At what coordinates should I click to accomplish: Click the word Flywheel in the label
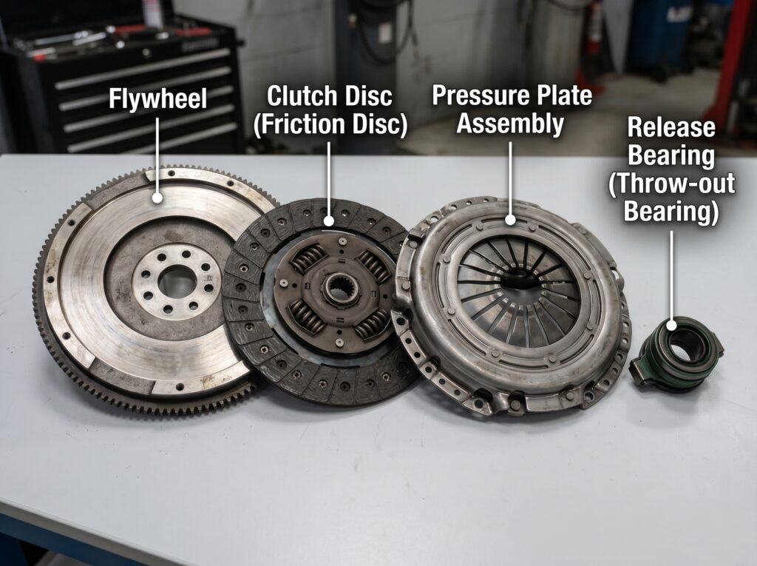click(158, 98)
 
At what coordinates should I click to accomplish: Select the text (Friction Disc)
click(330, 124)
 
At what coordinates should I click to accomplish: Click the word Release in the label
click(671, 127)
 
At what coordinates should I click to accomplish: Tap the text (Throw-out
click(671, 183)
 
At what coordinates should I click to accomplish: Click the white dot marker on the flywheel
click(157, 198)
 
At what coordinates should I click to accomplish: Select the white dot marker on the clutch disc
click(329, 221)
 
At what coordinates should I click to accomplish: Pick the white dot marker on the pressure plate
click(510, 220)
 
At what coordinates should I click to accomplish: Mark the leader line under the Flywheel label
click(157, 154)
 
